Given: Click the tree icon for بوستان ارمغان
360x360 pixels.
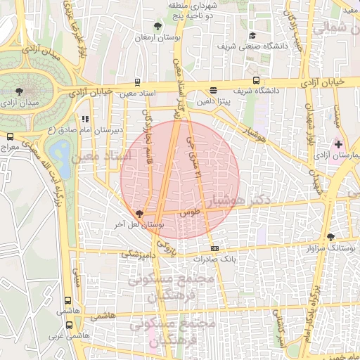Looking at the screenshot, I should click(157, 27).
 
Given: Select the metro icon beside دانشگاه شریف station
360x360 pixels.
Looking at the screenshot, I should click(256, 80).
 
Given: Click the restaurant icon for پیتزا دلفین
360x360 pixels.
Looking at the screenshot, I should click(213, 90).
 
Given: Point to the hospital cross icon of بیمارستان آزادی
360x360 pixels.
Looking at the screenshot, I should click(340, 143).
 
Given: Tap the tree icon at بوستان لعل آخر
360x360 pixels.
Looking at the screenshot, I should click(139, 214).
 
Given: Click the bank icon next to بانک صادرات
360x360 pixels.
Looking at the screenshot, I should click(214, 248).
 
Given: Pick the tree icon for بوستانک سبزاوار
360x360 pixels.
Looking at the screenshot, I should click(331, 238).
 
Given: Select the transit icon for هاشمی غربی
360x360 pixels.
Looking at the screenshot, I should click(68, 325).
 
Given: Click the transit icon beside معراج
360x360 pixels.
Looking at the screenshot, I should click(10, 136).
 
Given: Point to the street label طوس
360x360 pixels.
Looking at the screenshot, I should click(190, 211).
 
